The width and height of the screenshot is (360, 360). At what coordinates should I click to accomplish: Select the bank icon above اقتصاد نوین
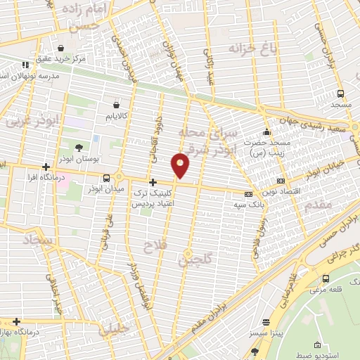pos(281,181)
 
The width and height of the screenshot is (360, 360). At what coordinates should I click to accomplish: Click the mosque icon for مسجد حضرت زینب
pos(266,132)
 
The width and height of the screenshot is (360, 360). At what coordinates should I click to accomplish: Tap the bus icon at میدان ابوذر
pos(105,179)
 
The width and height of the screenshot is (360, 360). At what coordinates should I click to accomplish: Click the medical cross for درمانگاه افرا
pos(46,167)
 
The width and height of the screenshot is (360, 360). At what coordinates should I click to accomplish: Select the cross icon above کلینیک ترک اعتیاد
pos(153,182)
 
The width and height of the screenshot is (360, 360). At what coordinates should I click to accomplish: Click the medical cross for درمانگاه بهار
pos(15,321)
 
